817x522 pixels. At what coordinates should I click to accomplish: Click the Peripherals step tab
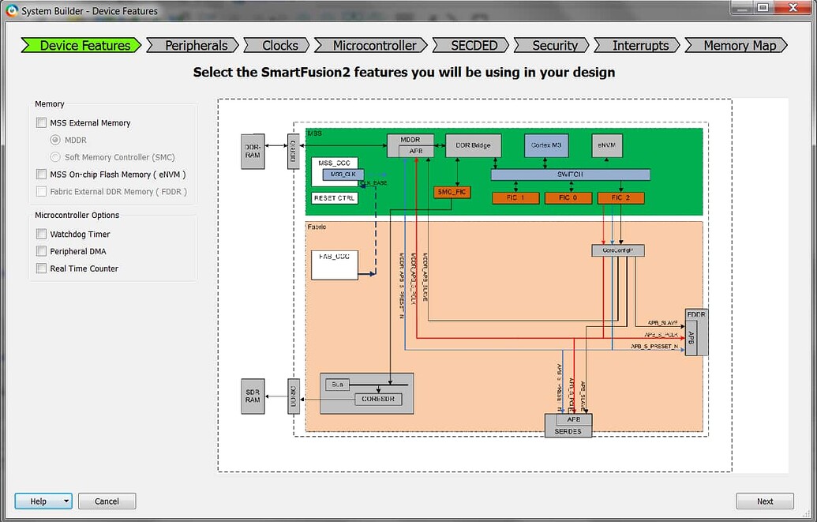[196, 45]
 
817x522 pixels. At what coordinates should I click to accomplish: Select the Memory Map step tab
[740, 45]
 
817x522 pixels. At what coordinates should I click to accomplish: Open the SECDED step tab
[474, 45]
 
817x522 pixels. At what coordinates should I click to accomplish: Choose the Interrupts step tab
[640, 45]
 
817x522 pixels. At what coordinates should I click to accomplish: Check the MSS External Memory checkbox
[42, 123]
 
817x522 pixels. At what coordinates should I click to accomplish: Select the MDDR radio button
[55, 141]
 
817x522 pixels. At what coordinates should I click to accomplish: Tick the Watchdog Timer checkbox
[42, 235]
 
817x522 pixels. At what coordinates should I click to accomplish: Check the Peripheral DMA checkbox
[42, 252]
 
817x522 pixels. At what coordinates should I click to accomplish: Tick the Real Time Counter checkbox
[42, 269]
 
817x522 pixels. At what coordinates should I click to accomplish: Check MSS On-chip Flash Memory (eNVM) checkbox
[42, 175]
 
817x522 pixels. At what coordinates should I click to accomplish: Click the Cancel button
[107, 501]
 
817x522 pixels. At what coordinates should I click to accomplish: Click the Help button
[38, 501]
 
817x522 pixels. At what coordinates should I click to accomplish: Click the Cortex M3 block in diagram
[546, 145]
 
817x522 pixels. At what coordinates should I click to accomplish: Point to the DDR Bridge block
[473, 145]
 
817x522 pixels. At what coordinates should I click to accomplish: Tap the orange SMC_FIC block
[452, 192]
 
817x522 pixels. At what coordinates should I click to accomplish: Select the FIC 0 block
[568, 197]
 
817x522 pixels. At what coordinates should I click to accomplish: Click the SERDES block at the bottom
[568, 431]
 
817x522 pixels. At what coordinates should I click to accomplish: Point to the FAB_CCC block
[335, 265]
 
